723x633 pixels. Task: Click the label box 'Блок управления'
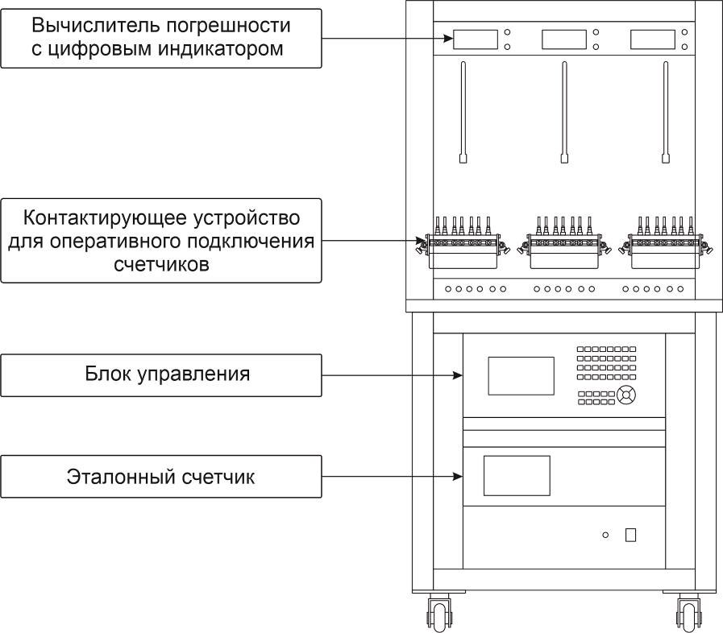click(161, 375)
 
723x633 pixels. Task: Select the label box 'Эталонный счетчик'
click(161, 477)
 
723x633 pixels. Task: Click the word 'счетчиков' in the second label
click(160, 265)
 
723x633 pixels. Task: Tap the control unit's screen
click(521, 375)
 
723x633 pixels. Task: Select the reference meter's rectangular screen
click(516, 475)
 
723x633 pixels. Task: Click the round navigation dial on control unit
click(627, 395)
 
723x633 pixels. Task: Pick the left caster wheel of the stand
click(439, 614)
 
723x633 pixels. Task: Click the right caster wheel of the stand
click(688, 614)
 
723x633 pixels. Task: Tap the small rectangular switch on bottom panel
click(630, 534)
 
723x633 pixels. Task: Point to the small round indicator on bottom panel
click(605, 535)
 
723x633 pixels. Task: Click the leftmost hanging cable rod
click(463, 113)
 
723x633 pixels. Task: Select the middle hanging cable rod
click(563, 113)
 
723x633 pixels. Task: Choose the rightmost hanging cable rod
click(665, 113)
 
